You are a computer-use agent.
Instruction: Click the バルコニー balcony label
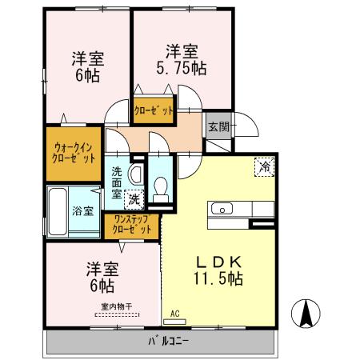coord(167,342)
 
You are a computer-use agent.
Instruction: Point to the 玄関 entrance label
coord(218,126)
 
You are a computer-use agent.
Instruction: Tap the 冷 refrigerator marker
coord(263,166)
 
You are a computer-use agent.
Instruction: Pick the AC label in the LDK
coord(176,314)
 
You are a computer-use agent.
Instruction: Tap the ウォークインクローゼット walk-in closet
coord(74,152)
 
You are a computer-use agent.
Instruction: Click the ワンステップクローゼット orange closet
coord(132,225)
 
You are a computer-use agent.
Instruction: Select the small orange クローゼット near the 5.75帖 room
coord(153,112)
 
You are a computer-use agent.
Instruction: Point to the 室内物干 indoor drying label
coord(117,306)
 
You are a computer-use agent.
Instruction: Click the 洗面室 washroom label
coord(117,182)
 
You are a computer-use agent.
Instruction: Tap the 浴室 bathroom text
coord(82,211)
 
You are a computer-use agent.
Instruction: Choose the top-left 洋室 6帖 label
coord(88,67)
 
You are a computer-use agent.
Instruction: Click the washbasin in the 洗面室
coord(134,173)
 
